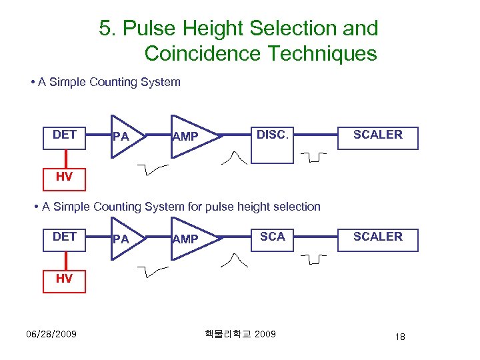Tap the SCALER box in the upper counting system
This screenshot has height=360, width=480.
coord(377,137)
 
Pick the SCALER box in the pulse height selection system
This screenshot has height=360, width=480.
coord(377,239)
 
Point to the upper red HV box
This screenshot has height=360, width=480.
coord(64,177)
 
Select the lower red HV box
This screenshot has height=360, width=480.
coord(64,279)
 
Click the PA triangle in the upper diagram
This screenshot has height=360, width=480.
coord(123,137)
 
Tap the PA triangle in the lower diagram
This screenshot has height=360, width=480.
coord(123,239)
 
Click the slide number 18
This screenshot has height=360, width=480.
coord(399,337)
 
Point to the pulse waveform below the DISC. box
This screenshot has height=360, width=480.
coord(237,157)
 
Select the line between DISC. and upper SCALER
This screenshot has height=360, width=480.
coord(316,135)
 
